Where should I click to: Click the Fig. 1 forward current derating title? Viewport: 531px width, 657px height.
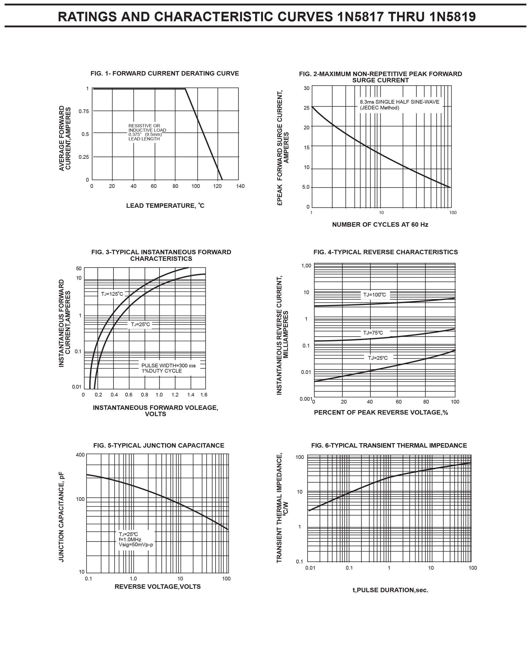(165, 73)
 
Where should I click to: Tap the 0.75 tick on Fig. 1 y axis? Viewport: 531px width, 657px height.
(84, 111)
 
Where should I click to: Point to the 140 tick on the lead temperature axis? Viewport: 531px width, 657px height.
(240, 186)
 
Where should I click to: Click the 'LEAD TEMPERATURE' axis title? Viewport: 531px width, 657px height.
(165, 205)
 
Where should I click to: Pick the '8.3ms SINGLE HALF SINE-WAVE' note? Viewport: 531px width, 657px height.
(399, 102)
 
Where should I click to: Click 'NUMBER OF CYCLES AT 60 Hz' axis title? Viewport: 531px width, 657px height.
(380, 225)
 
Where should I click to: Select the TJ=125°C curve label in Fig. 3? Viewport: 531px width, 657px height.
(112, 294)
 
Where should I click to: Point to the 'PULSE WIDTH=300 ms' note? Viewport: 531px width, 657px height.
(168, 365)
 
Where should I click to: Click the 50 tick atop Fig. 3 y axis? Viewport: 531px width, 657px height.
(79, 269)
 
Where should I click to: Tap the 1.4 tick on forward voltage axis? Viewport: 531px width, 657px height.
(190, 395)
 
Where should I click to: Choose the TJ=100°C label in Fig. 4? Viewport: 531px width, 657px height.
(374, 295)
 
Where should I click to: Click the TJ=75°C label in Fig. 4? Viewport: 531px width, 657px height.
(373, 333)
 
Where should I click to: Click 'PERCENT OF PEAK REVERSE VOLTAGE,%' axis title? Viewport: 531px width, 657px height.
(381, 412)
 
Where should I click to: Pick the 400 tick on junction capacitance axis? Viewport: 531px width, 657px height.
(80, 455)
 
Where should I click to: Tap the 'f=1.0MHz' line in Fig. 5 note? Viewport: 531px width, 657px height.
(130, 539)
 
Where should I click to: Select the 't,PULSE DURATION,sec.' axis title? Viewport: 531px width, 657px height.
(390, 590)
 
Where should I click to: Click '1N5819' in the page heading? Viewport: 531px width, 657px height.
(452, 17)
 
